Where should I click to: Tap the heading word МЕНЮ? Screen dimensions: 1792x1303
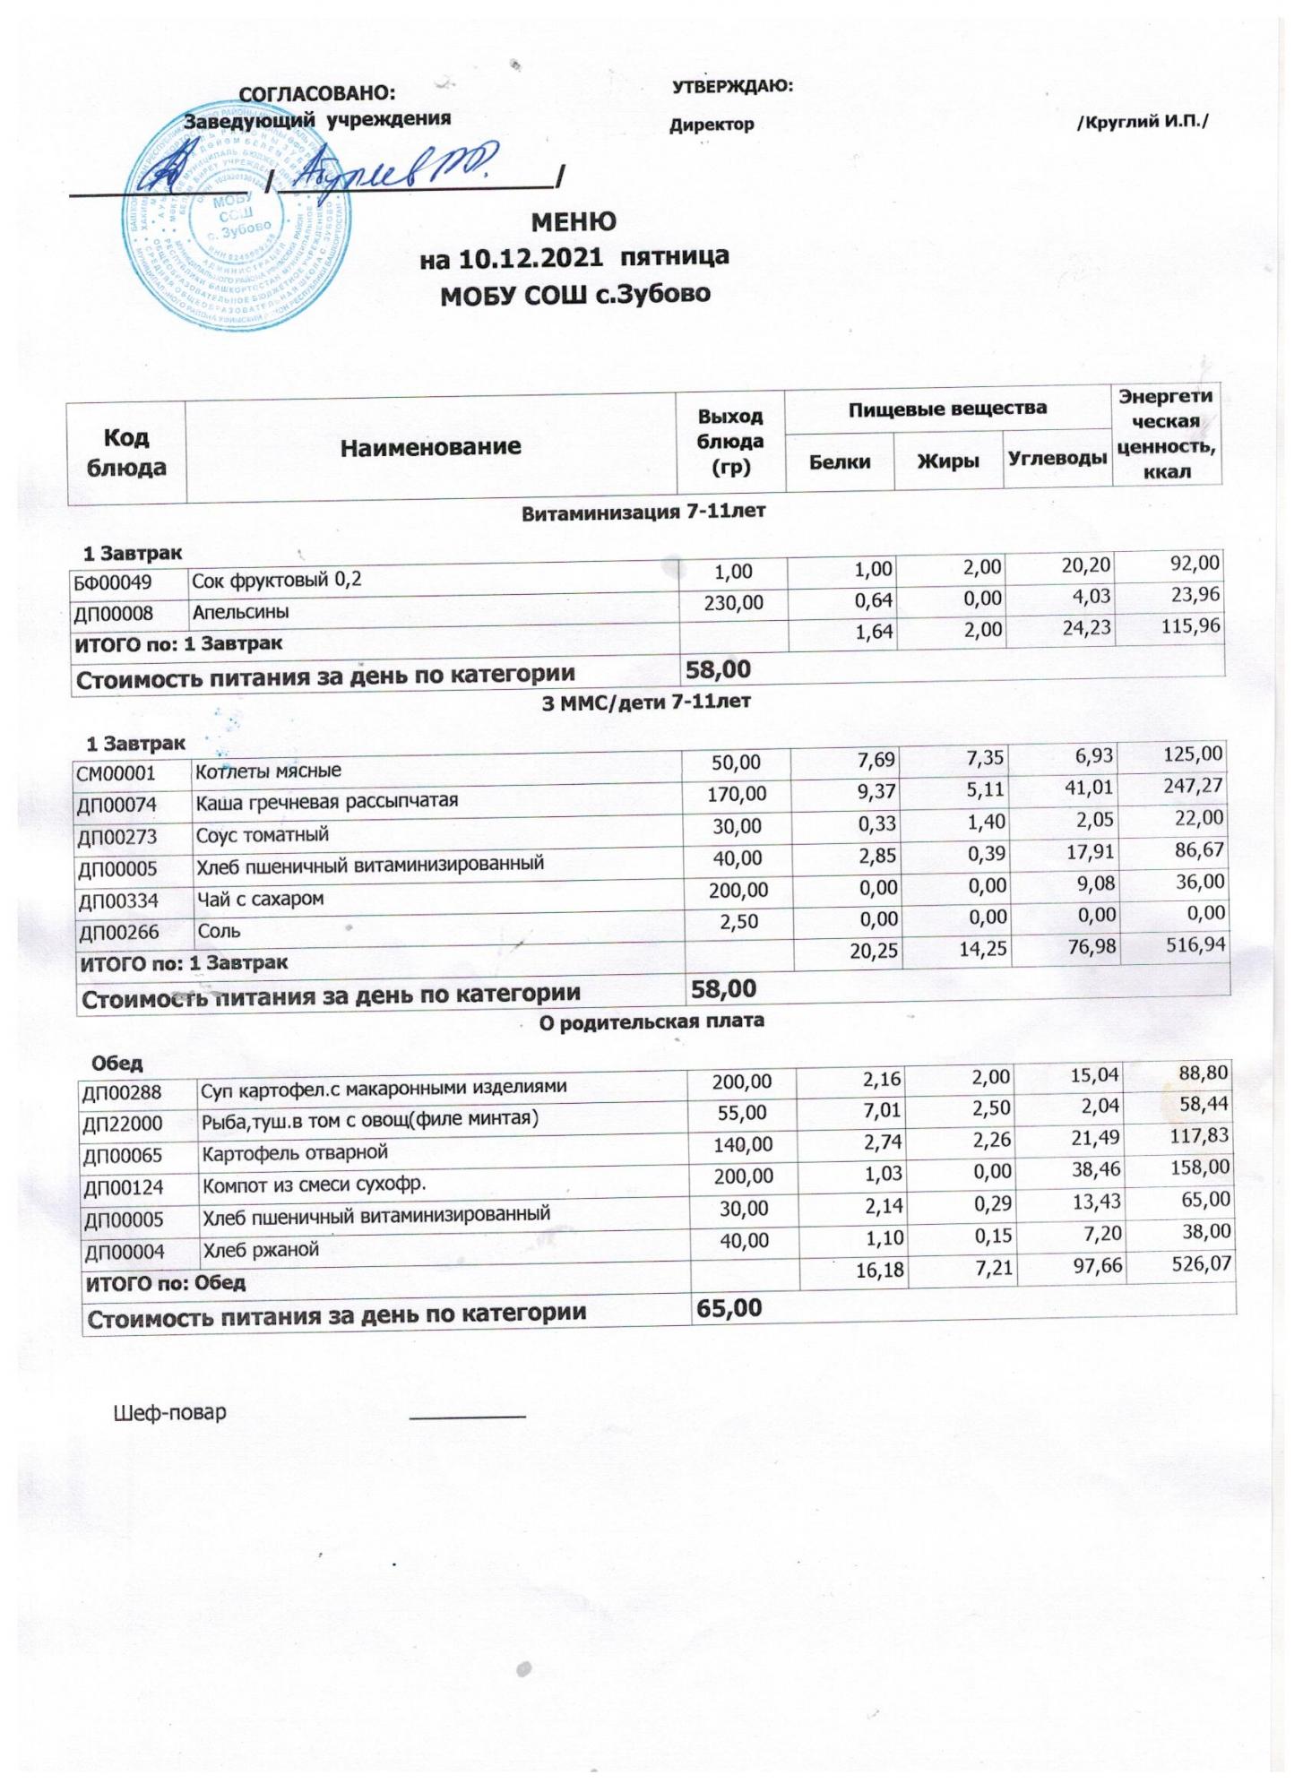(574, 221)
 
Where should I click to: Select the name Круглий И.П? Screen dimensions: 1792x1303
(1142, 122)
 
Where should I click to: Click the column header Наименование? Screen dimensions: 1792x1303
(430, 447)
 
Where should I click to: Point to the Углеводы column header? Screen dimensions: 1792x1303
(1057, 459)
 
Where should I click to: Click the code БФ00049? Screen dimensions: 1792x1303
(114, 582)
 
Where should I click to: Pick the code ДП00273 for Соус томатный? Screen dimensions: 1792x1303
(118, 837)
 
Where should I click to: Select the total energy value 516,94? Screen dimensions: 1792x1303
(1195, 943)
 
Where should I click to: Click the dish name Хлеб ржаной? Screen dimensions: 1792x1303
(261, 1250)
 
